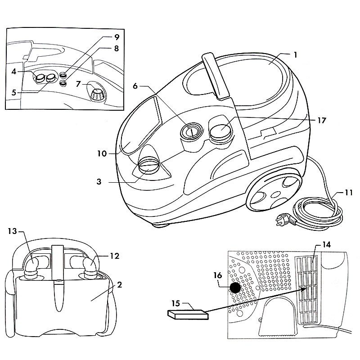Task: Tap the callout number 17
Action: pyautogui.click(x=321, y=121)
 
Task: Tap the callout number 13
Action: pyautogui.click(x=12, y=232)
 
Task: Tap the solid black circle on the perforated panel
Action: pyautogui.click(x=235, y=288)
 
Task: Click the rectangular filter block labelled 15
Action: pyautogui.click(x=188, y=314)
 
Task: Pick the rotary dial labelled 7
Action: pyautogui.click(x=97, y=94)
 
